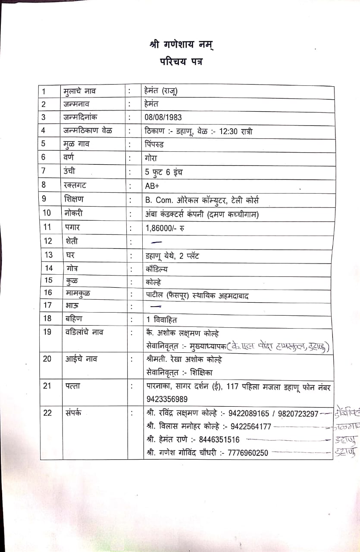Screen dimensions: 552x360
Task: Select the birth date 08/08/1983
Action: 163,117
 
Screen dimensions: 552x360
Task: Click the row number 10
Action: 47,213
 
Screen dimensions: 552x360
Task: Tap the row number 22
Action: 47,413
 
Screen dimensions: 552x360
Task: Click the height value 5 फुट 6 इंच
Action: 164,172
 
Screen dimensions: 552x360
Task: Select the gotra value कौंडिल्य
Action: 157,269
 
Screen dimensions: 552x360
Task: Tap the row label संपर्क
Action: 74,413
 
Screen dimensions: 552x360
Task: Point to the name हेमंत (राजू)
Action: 162,91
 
